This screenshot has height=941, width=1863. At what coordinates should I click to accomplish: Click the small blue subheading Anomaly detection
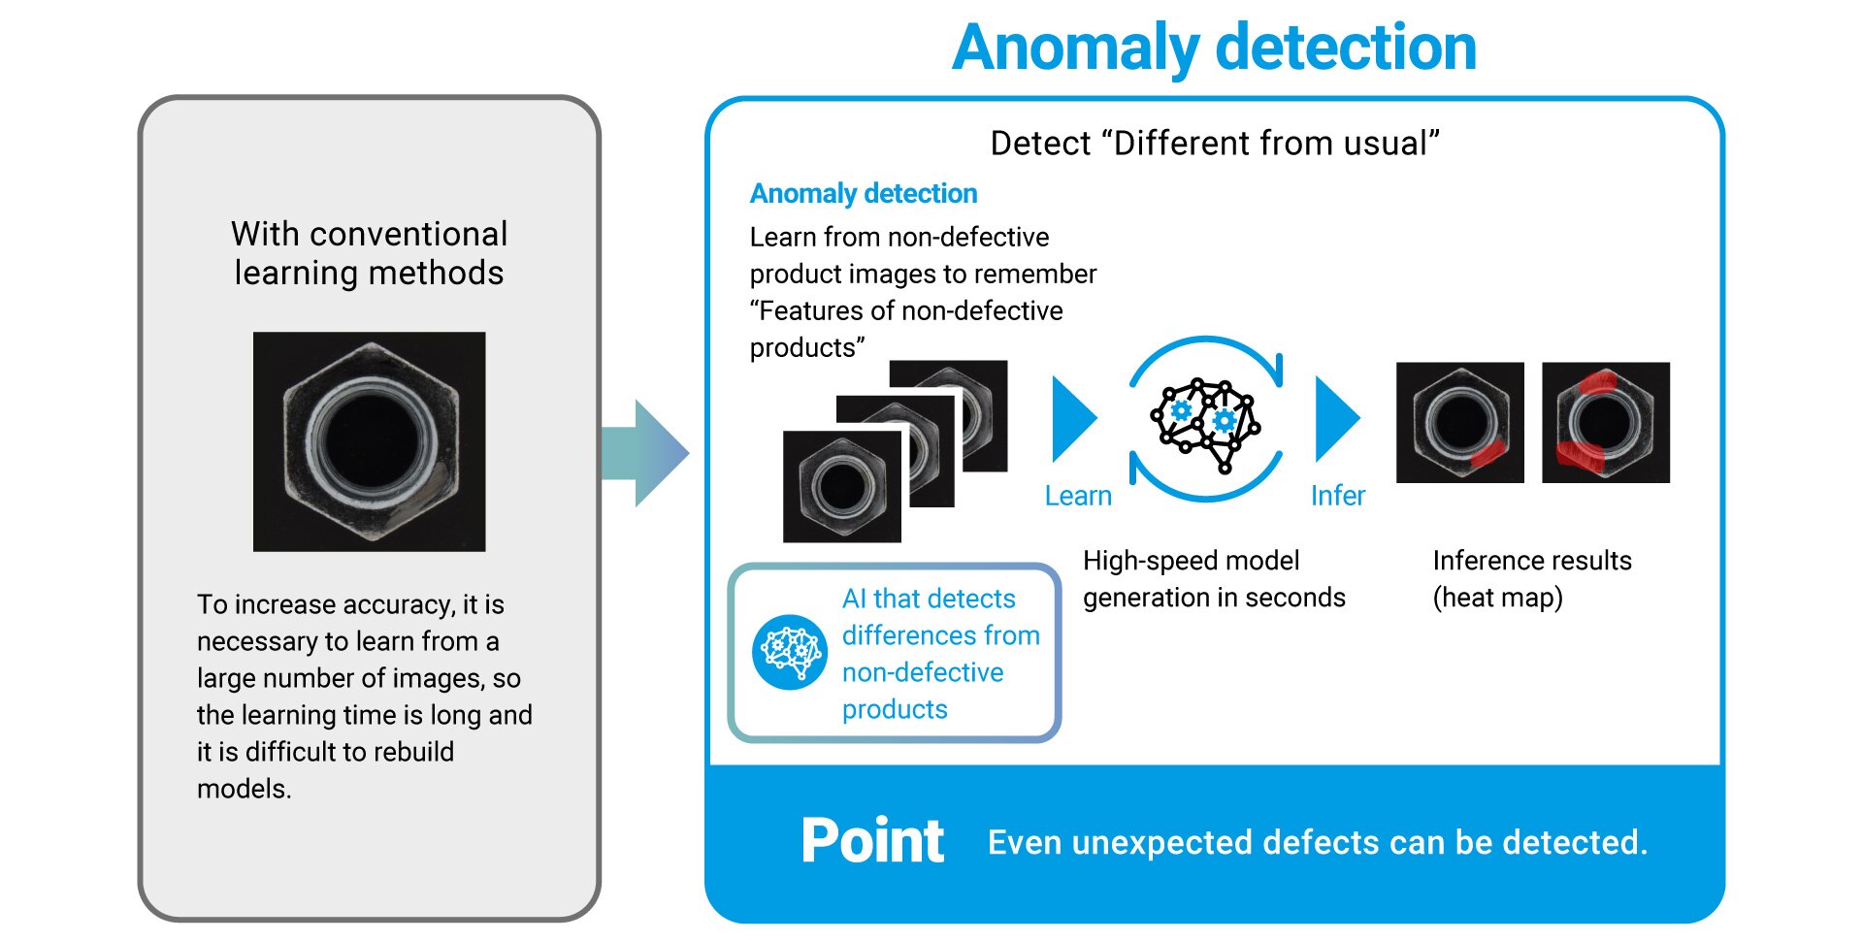coord(863,193)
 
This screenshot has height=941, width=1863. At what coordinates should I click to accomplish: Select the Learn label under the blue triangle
coord(1077,496)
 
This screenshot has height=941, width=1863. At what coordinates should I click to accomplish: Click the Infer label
coord(1337,496)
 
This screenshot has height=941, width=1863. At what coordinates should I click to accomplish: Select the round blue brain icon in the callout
coord(790,652)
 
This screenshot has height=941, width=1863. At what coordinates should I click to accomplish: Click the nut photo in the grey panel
coord(369,441)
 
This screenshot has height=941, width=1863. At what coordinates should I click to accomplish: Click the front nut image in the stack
coord(841,486)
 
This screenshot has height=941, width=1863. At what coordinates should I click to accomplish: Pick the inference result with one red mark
coord(1459,422)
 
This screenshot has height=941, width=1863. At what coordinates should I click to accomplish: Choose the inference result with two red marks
coord(1605,422)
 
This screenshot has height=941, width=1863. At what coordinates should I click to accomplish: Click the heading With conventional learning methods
coord(369,253)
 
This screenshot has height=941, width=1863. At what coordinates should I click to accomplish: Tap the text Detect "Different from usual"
coord(1214,144)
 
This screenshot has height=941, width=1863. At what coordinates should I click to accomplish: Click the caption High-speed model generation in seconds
coord(1213,578)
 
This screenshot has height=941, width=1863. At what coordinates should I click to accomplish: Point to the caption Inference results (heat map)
coord(1531,578)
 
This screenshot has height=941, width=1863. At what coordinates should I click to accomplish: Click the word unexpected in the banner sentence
coord(1162,842)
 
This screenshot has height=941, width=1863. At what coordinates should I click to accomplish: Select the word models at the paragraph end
coord(243,789)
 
